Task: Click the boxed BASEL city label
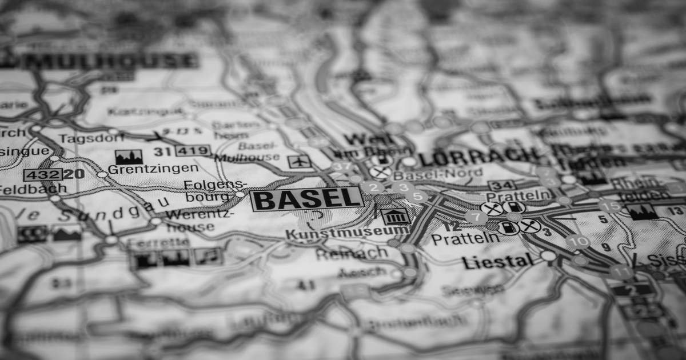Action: coord(307,199)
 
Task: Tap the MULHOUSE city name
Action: coord(109,61)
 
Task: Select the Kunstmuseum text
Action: coord(347,233)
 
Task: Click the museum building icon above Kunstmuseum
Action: coord(395,216)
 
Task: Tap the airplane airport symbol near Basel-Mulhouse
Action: coord(299,162)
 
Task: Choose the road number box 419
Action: coord(193,151)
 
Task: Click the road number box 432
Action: coord(42,174)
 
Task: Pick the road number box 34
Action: coord(501,185)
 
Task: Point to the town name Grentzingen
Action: coord(153,169)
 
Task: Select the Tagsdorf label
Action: coord(83,139)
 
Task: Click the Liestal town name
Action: coord(497,262)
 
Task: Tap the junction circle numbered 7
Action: coord(476,217)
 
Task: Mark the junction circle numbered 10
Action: coord(577,241)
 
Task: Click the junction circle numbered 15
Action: coord(611,205)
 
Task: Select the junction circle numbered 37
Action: coord(342,167)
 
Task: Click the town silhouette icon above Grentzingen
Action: coord(129,157)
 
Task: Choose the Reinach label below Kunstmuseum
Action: coord(351,253)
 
